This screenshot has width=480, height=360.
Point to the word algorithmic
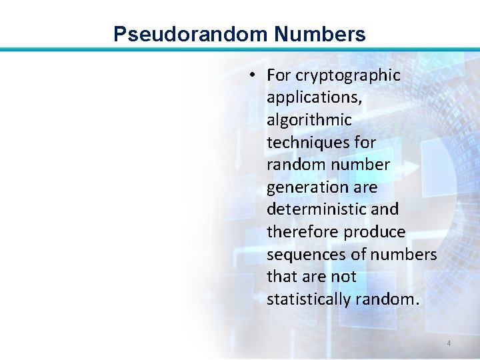coord(309,120)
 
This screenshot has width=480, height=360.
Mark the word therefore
coord(303,232)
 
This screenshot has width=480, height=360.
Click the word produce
coord(375,232)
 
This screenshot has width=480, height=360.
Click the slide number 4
coord(449,344)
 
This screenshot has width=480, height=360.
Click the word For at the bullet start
coord(279,76)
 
